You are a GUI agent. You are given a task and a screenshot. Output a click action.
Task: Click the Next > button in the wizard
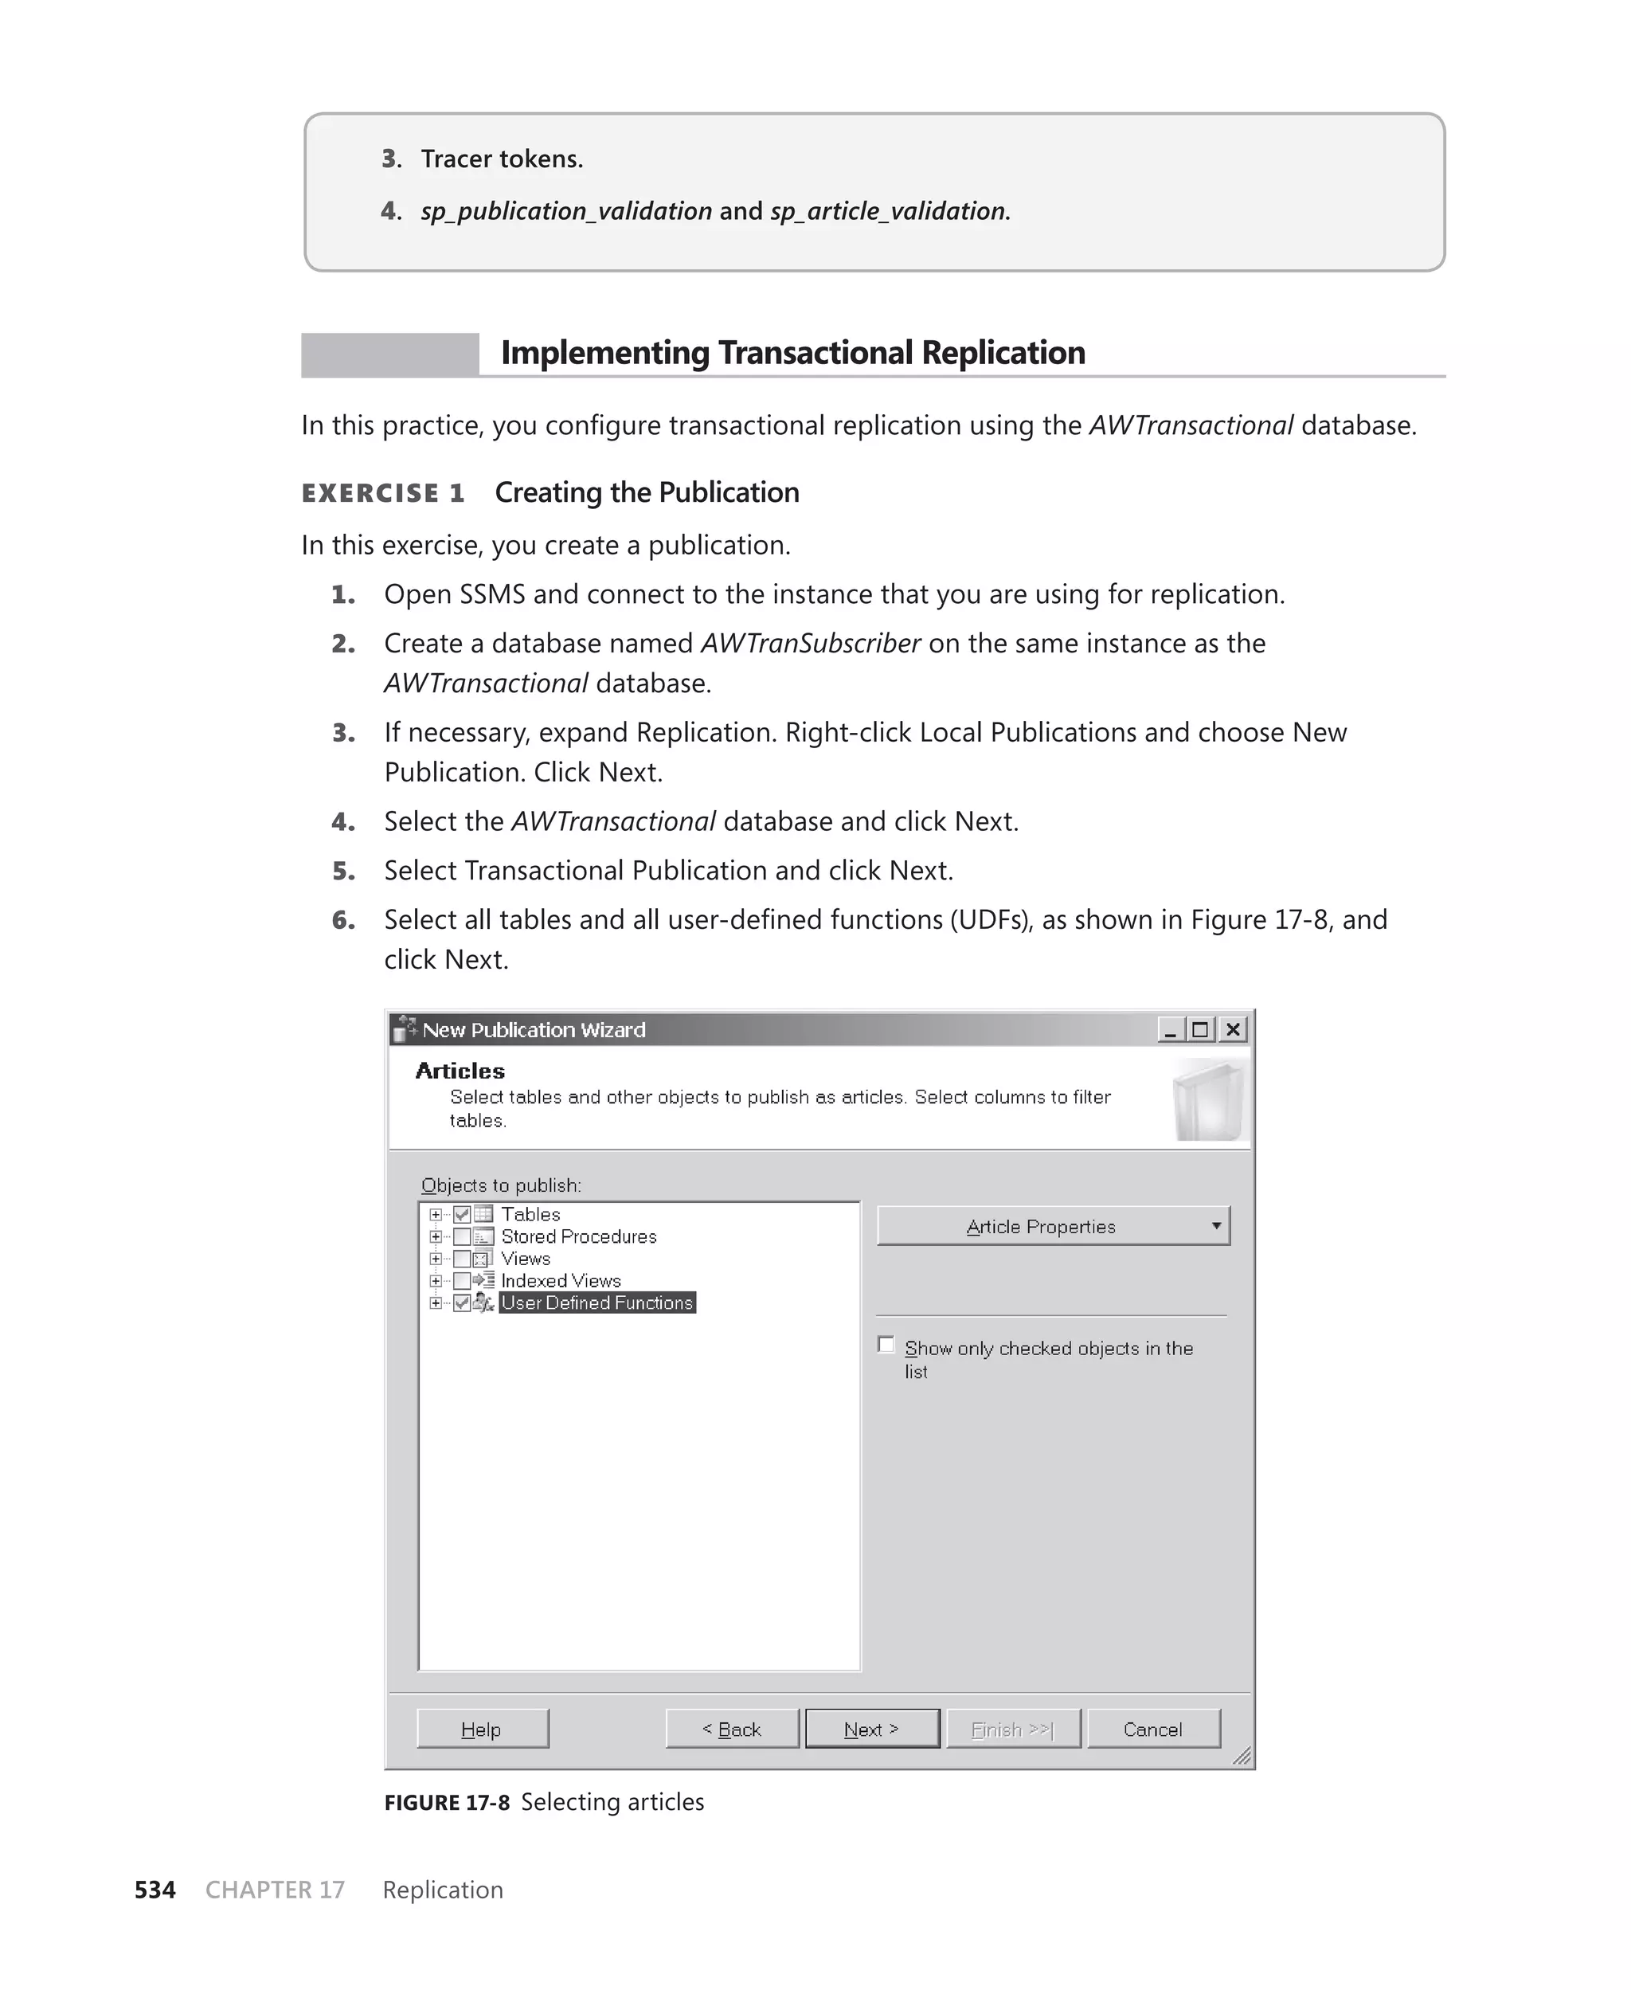872,1729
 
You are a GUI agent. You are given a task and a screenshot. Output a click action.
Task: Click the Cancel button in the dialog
1153,1729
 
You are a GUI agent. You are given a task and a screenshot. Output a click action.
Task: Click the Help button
482,1729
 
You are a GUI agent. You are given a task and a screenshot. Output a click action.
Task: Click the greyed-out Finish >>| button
1013,1729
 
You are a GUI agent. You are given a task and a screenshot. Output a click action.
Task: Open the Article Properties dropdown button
1052,1226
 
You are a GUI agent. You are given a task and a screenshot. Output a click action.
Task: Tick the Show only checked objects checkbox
886,1345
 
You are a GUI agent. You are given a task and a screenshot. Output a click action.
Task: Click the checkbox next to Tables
461,1215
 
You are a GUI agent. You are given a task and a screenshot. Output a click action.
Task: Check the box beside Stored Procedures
461,1236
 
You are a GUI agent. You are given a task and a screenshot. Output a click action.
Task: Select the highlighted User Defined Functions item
596,1303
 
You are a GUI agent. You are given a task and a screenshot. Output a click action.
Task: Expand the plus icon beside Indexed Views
435,1281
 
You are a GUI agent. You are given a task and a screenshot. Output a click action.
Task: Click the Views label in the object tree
525,1259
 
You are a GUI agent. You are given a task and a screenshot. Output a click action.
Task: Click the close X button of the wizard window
1233,1030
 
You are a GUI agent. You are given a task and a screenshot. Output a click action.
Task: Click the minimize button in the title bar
1171,1030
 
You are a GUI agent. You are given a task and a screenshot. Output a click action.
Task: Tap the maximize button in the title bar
1201,1030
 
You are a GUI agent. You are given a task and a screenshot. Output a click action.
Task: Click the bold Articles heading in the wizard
460,1071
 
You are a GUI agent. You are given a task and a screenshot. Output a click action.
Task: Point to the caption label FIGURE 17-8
446,1802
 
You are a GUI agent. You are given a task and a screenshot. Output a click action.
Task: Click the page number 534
155,1890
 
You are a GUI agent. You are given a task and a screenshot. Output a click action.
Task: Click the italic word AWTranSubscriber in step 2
810,644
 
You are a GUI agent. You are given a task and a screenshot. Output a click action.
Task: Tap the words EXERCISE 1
383,493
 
